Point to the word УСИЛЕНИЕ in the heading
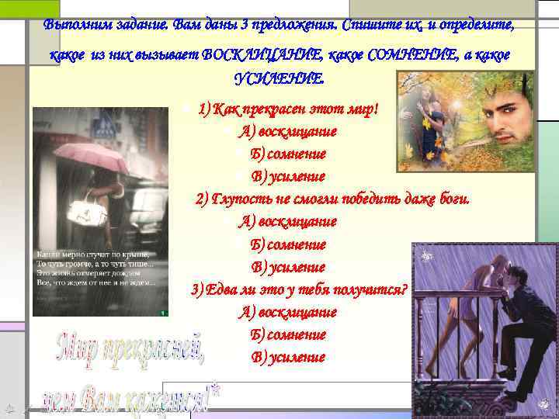click(279, 79)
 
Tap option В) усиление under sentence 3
click(287, 358)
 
